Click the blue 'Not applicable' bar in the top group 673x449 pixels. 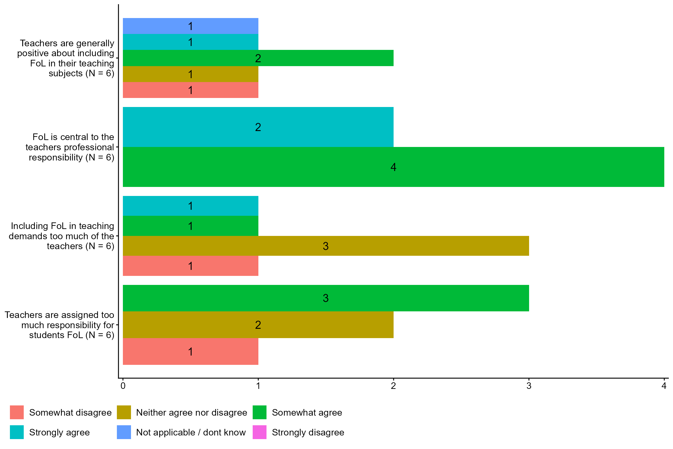190,26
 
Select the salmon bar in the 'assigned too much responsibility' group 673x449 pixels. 190,351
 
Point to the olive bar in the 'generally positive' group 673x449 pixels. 190,74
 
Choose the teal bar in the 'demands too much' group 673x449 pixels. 190,206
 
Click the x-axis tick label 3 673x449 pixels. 529,386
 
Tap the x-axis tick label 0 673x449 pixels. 123,386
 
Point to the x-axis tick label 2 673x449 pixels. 393,386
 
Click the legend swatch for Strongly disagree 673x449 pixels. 260,432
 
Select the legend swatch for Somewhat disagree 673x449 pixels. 17,412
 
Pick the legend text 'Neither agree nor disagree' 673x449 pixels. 191,412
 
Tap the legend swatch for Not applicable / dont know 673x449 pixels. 124,432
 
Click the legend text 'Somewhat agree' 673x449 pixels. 307,412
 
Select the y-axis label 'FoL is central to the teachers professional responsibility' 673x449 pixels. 70,147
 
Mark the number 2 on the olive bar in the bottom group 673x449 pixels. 258,325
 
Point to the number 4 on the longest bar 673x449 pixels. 393,167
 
